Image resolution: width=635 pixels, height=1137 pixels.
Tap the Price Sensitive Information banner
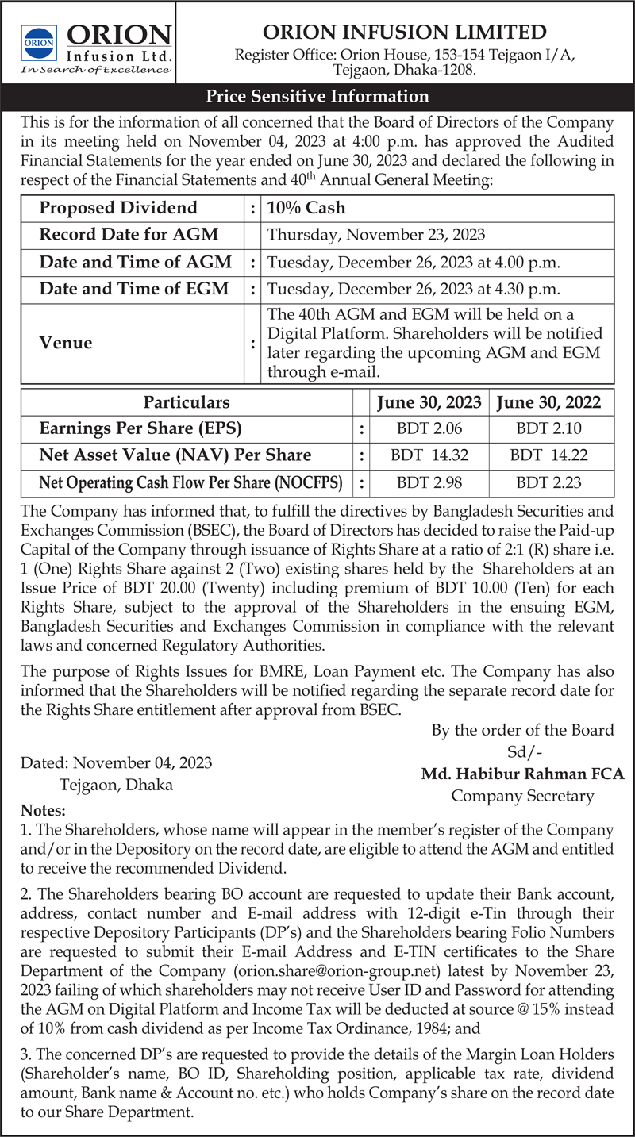(x=317, y=97)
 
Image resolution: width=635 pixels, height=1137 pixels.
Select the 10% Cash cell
(x=306, y=209)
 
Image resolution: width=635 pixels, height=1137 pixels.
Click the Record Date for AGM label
(x=129, y=235)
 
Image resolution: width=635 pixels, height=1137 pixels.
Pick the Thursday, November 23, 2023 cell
(x=376, y=235)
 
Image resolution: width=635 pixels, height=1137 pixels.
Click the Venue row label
(x=66, y=343)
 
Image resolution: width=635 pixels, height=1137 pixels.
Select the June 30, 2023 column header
(x=429, y=403)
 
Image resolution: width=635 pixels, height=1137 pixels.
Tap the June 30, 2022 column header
(x=548, y=403)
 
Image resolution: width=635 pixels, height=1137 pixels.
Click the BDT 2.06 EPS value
(x=429, y=429)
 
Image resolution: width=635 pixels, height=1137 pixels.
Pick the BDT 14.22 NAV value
(x=548, y=455)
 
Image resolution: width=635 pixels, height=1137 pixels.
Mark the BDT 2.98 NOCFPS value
(x=429, y=482)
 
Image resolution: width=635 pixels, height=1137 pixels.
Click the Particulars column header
(x=187, y=403)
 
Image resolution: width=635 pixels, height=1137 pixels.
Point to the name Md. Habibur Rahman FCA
(x=522, y=774)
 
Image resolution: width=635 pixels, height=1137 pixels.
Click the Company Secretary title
(x=522, y=795)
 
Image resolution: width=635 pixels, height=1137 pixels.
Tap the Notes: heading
(x=44, y=811)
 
